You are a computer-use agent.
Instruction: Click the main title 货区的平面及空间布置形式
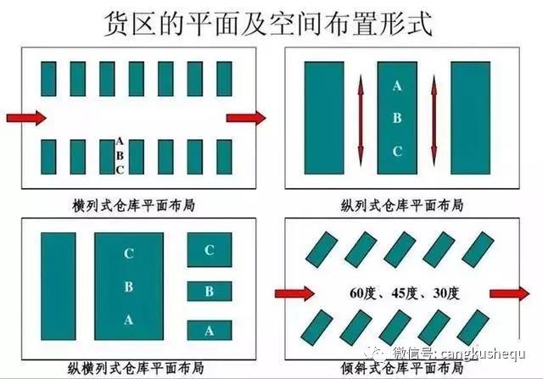(x=268, y=24)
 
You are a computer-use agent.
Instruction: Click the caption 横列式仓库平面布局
(x=134, y=205)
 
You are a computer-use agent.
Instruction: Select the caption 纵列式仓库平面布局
(x=402, y=205)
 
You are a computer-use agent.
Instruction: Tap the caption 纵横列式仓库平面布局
(x=136, y=368)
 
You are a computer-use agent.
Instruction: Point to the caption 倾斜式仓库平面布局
(x=402, y=368)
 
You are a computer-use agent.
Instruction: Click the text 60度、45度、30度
(x=405, y=293)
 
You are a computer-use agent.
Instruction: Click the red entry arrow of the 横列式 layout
(x=26, y=118)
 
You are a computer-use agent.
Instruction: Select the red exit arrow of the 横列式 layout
(x=246, y=118)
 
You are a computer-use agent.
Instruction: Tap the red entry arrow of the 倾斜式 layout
(x=294, y=294)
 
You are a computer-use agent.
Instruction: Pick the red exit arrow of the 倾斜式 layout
(x=510, y=294)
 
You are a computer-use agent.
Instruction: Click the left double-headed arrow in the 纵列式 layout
(x=361, y=120)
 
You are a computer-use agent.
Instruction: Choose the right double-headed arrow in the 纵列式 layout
(x=434, y=120)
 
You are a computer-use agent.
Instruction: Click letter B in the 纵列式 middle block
(x=397, y=119)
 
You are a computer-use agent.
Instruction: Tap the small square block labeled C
(x=210, y=249)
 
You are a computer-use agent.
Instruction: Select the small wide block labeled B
(x=210, y=291)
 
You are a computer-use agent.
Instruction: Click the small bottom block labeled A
(x=210, y=331)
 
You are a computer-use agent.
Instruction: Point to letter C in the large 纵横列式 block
(x=129, y=254)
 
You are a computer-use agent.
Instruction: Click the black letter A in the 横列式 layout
(x=120, y=142)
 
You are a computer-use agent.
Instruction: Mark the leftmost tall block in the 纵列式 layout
(x=324, y=118)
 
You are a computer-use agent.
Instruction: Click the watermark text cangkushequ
(x=483, y=354)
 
